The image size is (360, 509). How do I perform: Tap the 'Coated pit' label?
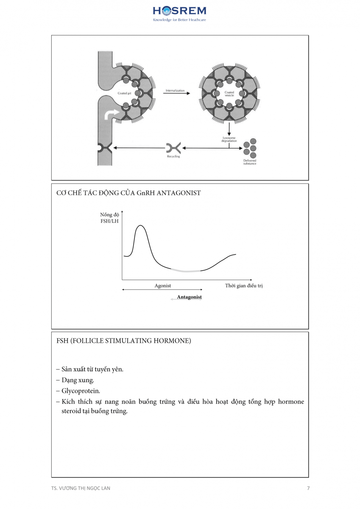tap(123, 92)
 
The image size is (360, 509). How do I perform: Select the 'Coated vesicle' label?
tap(229, 94)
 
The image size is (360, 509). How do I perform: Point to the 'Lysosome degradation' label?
tap(229, 140)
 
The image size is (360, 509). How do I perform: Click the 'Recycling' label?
tap(173, 157)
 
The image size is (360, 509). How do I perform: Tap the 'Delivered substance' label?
tap(250, 162)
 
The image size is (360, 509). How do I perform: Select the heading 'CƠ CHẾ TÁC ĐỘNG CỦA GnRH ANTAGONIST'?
tap(128, 193)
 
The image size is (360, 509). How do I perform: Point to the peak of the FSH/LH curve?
tap(140, 226)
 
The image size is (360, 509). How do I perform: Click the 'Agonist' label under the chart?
tap(162, 286)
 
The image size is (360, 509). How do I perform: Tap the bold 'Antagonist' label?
tap(189, 297)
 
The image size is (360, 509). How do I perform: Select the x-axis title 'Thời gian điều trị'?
tap(244, 286)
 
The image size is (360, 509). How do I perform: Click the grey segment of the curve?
tap(185, 271)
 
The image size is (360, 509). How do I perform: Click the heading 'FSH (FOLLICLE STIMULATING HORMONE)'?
tap(123, 341)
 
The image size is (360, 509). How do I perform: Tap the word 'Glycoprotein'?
tap(80, 391)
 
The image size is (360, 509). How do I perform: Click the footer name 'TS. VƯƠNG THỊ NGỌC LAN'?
tap(80, 488)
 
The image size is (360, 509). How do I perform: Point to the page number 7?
tap(308, 488)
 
